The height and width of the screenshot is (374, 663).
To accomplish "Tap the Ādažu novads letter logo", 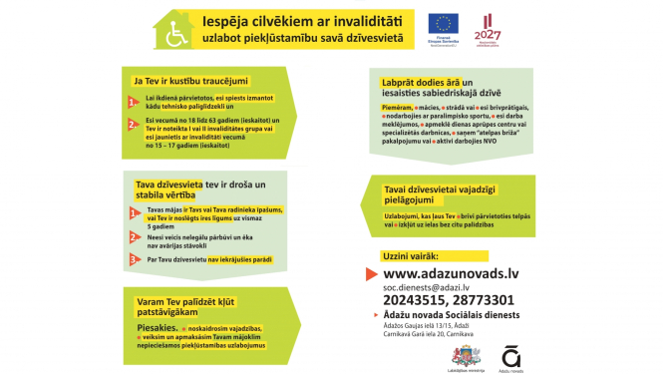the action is (x=509, y=352).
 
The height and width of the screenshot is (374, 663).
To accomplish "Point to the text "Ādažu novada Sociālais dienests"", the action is (x=447, y=314).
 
